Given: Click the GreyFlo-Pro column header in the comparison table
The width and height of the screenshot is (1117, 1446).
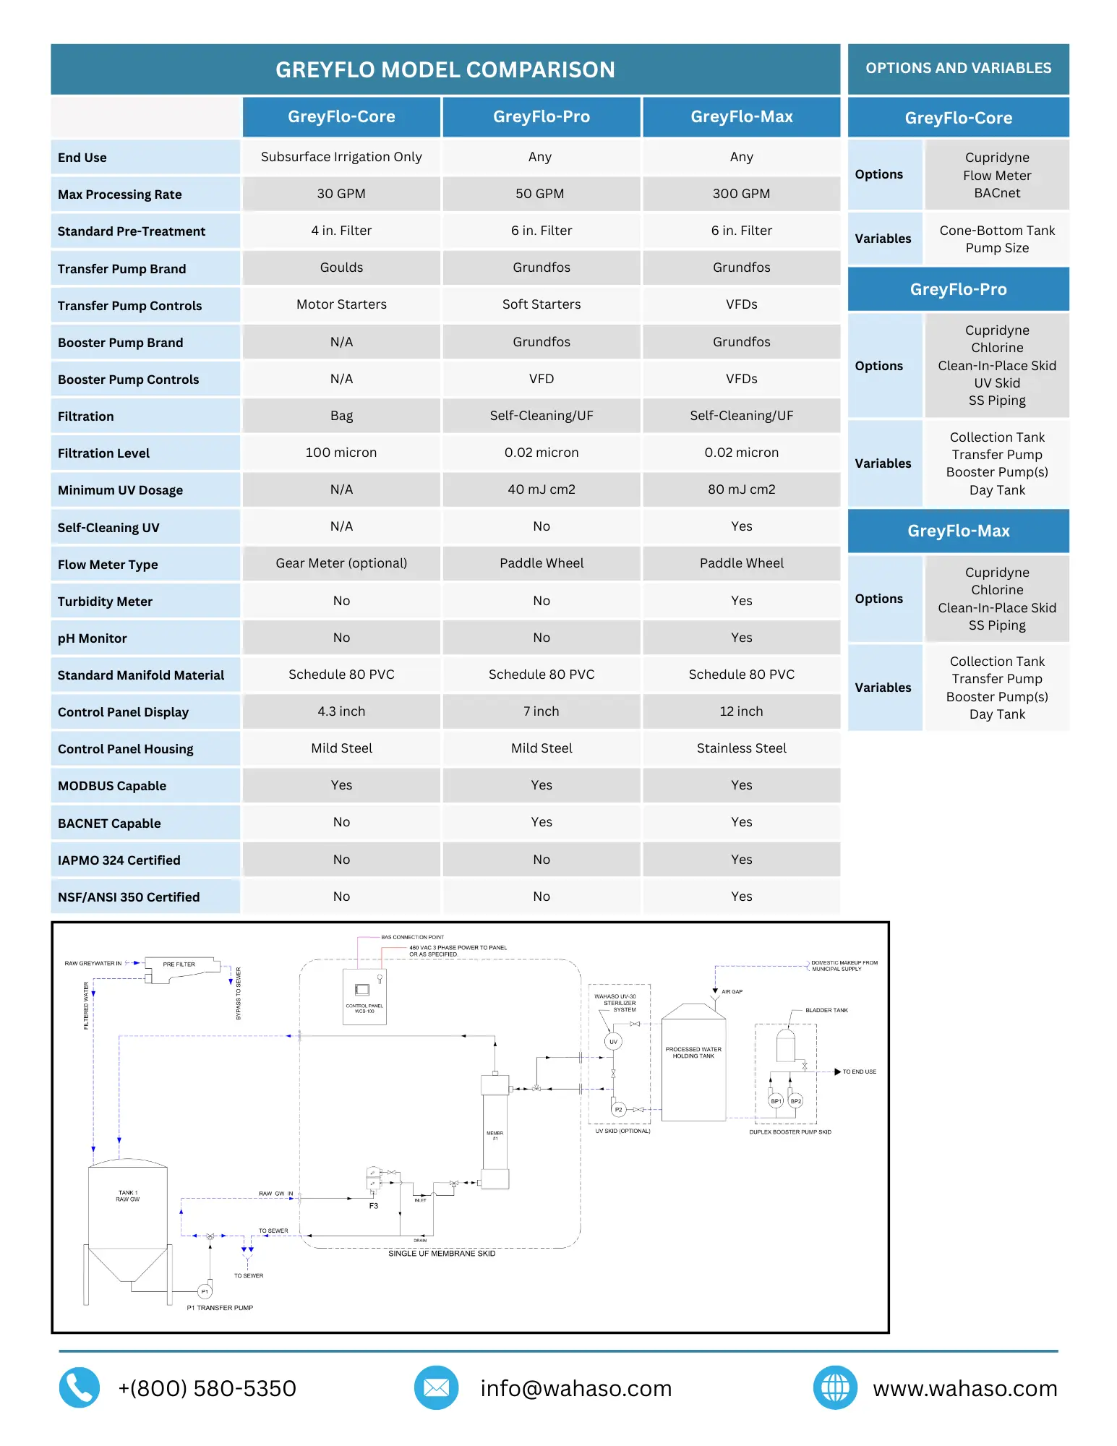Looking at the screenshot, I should coord(541,116).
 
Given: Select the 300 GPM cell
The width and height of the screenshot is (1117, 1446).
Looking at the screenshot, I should coord(741,194).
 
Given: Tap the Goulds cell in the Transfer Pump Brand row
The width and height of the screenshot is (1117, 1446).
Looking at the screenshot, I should coord(341,268).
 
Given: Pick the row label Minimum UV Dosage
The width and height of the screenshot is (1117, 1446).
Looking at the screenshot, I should coord(120,490).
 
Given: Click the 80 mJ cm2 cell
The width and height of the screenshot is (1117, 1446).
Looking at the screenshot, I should coord(741,489).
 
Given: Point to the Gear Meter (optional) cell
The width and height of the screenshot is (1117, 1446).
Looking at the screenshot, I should coord(341,563).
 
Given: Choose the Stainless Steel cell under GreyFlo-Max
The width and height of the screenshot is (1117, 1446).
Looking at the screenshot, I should coord(741,748).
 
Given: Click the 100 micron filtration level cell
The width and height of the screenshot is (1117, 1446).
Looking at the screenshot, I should coord(341,453).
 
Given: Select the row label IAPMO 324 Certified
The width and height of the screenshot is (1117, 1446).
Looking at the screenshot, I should coord(119,860).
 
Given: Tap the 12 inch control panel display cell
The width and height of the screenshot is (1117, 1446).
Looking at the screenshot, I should coord(741,711).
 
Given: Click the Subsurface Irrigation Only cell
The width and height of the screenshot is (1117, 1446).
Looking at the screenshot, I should coord(341,157).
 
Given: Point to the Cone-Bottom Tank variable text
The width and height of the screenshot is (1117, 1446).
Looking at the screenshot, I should coord(997,231).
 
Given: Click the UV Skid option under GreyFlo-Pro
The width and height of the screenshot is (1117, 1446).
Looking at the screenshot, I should coord(997,383).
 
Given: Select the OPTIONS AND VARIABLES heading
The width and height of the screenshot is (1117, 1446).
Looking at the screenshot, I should coord(958,68).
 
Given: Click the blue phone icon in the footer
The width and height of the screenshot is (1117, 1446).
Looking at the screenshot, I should coord(79,1387).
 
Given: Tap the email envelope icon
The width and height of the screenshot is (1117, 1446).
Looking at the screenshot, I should coord(436,1387).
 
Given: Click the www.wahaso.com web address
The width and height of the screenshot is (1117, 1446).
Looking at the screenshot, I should coord(964,1388).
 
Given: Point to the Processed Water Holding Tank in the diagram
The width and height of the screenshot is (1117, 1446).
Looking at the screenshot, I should coord(693,1063).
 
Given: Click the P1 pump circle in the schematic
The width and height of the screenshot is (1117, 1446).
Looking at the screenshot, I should coord(205,1291).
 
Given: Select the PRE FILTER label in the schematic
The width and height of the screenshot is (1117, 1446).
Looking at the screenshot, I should coord(179,964).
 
